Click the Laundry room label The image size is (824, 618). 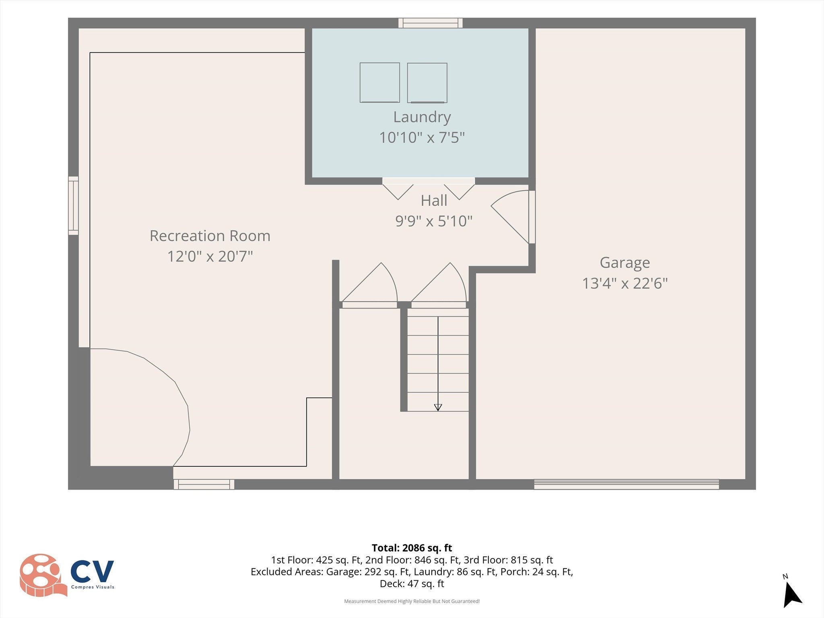click(x=422, y=117)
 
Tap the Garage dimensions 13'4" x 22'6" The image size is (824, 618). click(x=625, y=283)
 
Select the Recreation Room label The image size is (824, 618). click(x=210, y=236)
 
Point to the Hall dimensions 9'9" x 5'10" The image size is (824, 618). click(x=434, y=221)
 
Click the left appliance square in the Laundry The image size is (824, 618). click(x=380, y=82)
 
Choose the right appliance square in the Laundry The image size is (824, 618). click(x=427, y=82)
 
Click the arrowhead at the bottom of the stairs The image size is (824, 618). click(x=438, y=408)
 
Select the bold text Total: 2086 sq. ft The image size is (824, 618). click(x=412, y=548)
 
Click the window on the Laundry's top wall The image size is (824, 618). click(x=431, y=23)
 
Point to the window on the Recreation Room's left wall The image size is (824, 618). click(x=73, y=205)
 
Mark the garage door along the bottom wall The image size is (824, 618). click(x=626, y=484)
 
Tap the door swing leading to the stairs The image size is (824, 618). click(x=439, y=285)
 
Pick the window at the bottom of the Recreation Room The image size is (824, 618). click(x=204, y=484)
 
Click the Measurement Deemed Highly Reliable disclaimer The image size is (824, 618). click(x=412, y=601)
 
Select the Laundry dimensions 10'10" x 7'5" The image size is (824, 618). click(x=422, y=138)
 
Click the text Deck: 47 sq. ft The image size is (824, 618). click(x=412, y=583)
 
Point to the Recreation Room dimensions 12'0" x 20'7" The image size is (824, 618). click(x=210, y=256)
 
